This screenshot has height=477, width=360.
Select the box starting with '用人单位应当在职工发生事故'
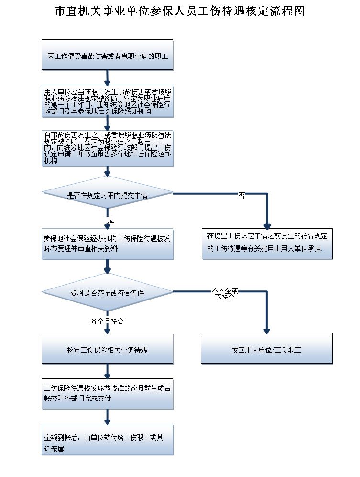[x=107, y=101]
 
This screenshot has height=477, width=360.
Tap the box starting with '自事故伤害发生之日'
[x=107, y=148]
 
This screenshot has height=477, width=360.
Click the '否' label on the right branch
[x=241, y=196]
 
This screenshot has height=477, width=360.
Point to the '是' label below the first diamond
[x=111, y=220]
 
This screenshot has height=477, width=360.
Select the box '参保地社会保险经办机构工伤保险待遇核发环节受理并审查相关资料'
[x=107, y=244]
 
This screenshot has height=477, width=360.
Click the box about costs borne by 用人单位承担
[x=267, y=244]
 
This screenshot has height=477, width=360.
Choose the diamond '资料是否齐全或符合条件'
[x=107, y=293]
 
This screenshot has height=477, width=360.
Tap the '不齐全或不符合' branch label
[x=225, y=294]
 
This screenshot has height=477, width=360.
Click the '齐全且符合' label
[x=107, y=322]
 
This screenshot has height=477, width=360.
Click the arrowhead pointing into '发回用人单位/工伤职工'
[x=267, y=330]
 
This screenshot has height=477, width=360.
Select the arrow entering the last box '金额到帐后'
[x=107, y=417]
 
